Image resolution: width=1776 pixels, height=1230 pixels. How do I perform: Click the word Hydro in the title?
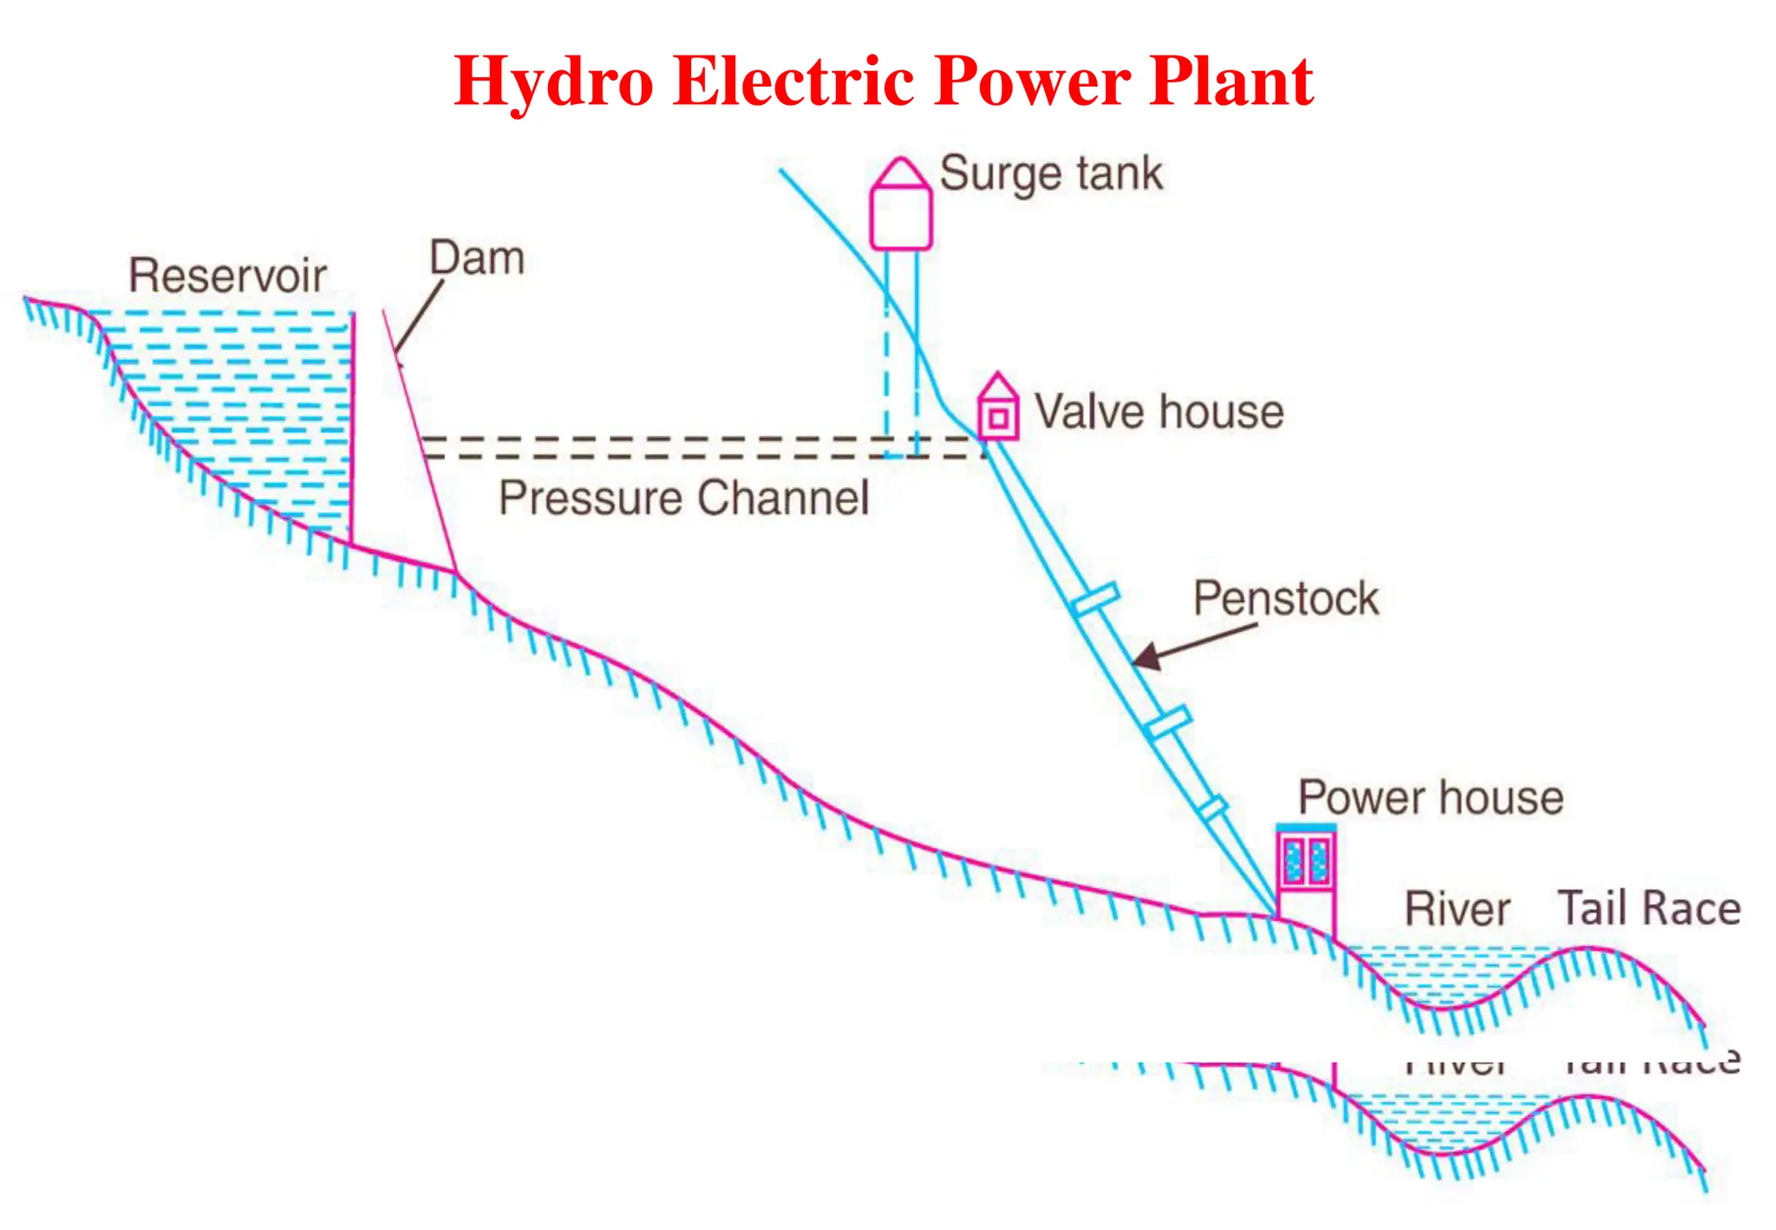click(x=553, y=82)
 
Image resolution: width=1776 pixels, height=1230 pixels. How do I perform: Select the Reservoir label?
click(x=227, y=276)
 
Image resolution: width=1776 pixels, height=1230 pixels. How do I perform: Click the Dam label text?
click(x=477, y=258)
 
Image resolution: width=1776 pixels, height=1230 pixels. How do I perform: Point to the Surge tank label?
click(x=1050, y=173)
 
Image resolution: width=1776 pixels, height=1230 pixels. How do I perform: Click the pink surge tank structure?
click(x=901, y=217)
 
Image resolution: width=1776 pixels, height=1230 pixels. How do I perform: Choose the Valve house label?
click(x=1159, y=411)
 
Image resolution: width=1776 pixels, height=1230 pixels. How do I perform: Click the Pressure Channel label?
click(x=683, y=498)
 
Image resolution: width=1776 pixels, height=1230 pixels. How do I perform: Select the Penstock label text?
click(x=1285, y=599)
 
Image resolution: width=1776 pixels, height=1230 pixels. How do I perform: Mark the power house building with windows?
click(x=1306, y=859)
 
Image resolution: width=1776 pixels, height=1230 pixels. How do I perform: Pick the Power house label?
click(x=1430, y=797)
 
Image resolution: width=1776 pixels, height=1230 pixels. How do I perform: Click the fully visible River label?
click(x=1457, y=909)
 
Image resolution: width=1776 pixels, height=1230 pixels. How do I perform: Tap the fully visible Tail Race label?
click(x=1649, y=908)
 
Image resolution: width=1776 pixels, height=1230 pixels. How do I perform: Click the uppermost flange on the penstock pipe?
click(x=1094, y=599)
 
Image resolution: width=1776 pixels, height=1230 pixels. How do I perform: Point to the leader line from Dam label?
click(x=419, y=317)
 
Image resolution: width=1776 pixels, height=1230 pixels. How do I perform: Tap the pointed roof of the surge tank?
click(x=901, y=172)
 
